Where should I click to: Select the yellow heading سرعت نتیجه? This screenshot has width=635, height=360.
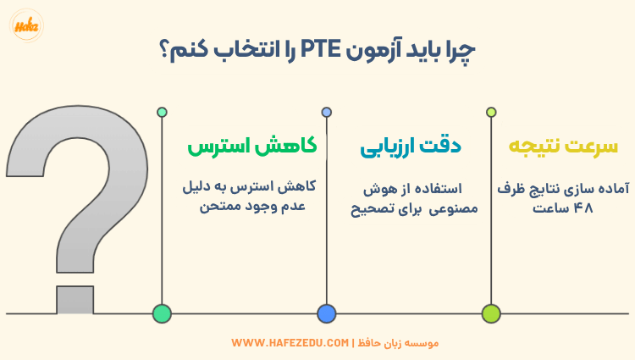563,147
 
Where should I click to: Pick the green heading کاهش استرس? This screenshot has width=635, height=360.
252,147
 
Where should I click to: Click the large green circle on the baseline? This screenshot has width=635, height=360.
162,313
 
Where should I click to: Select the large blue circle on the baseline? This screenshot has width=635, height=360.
327,313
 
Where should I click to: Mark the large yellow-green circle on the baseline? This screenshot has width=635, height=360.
490,313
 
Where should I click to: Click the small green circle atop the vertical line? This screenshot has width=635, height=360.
162,112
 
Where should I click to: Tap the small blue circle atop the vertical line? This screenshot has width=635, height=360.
327,112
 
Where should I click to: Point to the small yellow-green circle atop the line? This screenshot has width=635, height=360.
490,112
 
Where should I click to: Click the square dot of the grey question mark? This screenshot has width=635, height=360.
75,299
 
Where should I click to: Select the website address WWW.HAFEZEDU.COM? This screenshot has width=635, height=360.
290,343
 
